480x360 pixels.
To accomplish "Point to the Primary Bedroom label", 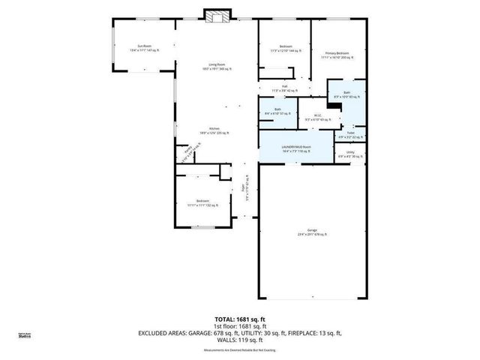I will point(337,55).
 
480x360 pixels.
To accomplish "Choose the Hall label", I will point(285,88).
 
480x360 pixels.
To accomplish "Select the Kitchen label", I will point(214,130).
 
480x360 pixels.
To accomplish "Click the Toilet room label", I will point(350,136).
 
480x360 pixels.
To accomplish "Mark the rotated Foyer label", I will point(245,192).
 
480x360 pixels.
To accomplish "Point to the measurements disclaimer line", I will point(239,349).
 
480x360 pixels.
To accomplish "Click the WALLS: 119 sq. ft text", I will point(239,341).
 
